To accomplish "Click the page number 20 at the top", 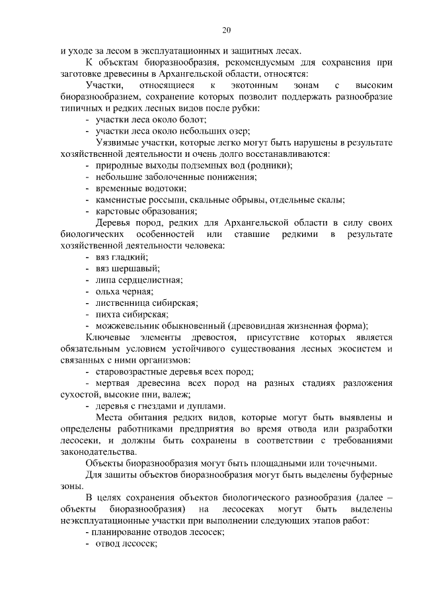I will [x=226, y=30].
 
